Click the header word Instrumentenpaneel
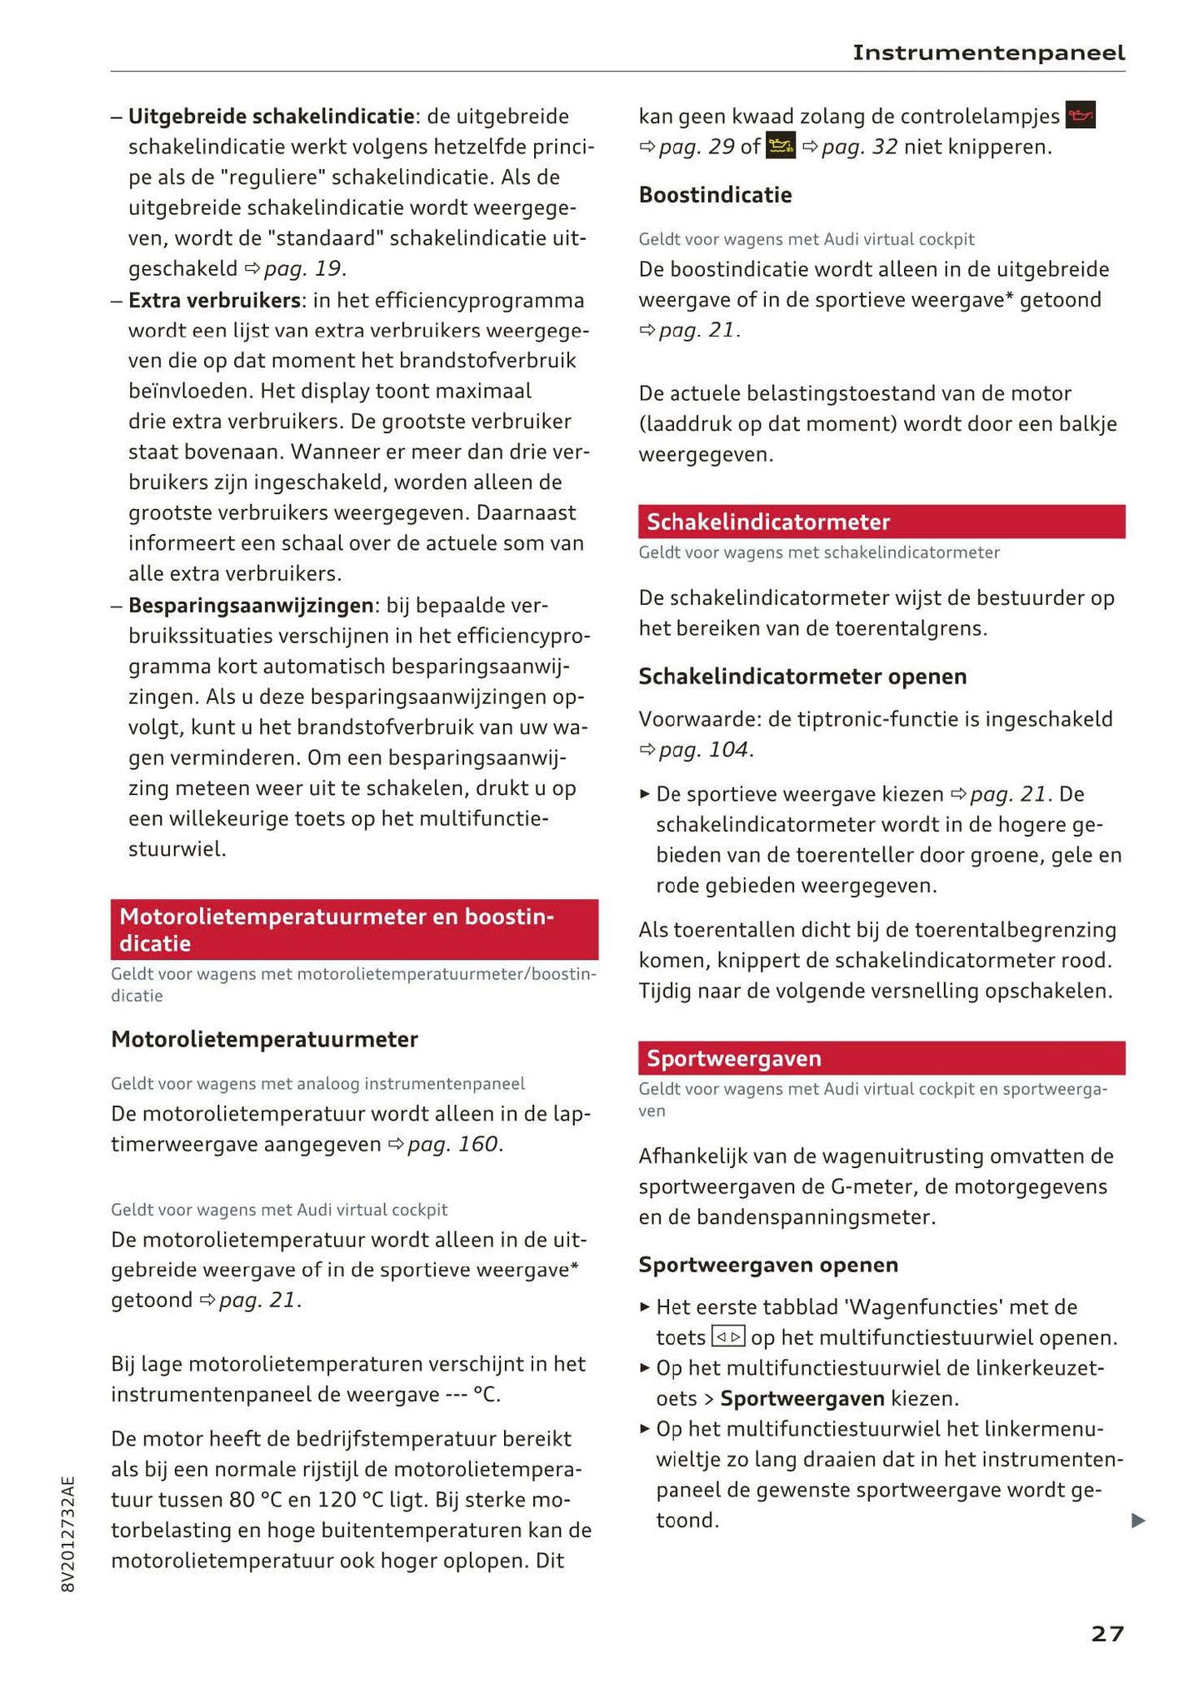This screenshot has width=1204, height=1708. pos(988,53)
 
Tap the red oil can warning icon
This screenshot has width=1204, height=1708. pos(1080,116)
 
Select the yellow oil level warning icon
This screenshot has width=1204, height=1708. pos(781,147)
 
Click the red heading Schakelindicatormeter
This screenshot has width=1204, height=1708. pos(768,522)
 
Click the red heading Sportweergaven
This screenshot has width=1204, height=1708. pos(734,1058)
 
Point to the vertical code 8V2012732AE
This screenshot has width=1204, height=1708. pos(68,1534)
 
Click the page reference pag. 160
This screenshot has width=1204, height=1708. pos(453,1144)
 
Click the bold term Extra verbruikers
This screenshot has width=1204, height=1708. pos(214,300)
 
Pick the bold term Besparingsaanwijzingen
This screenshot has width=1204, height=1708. pos(250,605)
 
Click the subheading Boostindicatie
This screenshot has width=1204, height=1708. pos(715,195)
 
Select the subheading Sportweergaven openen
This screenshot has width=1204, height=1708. pos(768,1265)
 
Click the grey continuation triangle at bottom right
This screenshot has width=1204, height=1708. pos(1138,1521)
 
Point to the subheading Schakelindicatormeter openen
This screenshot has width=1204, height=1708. pos(802,677)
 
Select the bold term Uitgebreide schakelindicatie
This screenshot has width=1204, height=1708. pos(271,117)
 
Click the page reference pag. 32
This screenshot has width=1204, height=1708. pos(860,147)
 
